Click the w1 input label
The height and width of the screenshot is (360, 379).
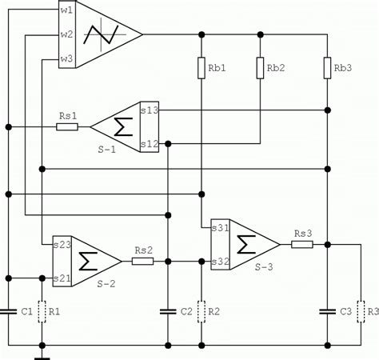(66, 10)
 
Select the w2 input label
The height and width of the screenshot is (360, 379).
(66, 34)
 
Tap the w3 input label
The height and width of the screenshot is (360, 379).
(66, 59)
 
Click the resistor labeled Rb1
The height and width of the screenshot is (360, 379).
(201, 68)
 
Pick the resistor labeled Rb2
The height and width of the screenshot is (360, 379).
(261, 68)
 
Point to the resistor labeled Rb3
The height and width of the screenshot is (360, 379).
(328, 68)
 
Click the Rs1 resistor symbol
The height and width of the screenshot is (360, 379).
(67, 126)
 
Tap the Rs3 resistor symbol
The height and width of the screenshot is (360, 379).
(302, 243)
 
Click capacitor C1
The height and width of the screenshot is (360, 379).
(8, 310)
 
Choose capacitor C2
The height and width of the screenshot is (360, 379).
(167, 310)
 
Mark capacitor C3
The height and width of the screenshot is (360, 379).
(328, 310)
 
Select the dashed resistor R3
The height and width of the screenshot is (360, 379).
(361, 310)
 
